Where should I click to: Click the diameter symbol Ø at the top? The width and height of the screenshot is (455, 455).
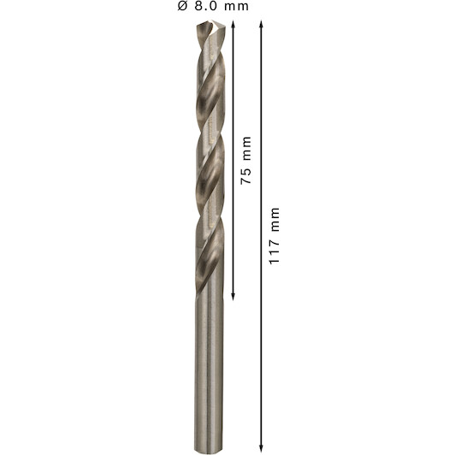click(182, 6)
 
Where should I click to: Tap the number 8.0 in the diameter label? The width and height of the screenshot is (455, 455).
click(206, 6)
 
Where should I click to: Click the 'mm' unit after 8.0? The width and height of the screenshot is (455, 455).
click(237, 7)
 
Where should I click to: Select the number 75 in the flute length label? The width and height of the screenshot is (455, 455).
click(245, 176)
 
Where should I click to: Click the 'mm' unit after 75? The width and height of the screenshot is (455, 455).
click(246, 148)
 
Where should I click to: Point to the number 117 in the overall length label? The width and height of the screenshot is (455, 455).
click(274, 251)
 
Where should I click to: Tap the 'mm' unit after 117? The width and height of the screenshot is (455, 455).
click(275, 220)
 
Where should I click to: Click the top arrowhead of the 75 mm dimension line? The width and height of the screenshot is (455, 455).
click(233, 23)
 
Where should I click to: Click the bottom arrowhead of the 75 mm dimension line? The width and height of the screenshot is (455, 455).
click(233, 297)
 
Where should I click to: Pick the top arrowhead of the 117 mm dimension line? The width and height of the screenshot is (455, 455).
click(261, 23)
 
